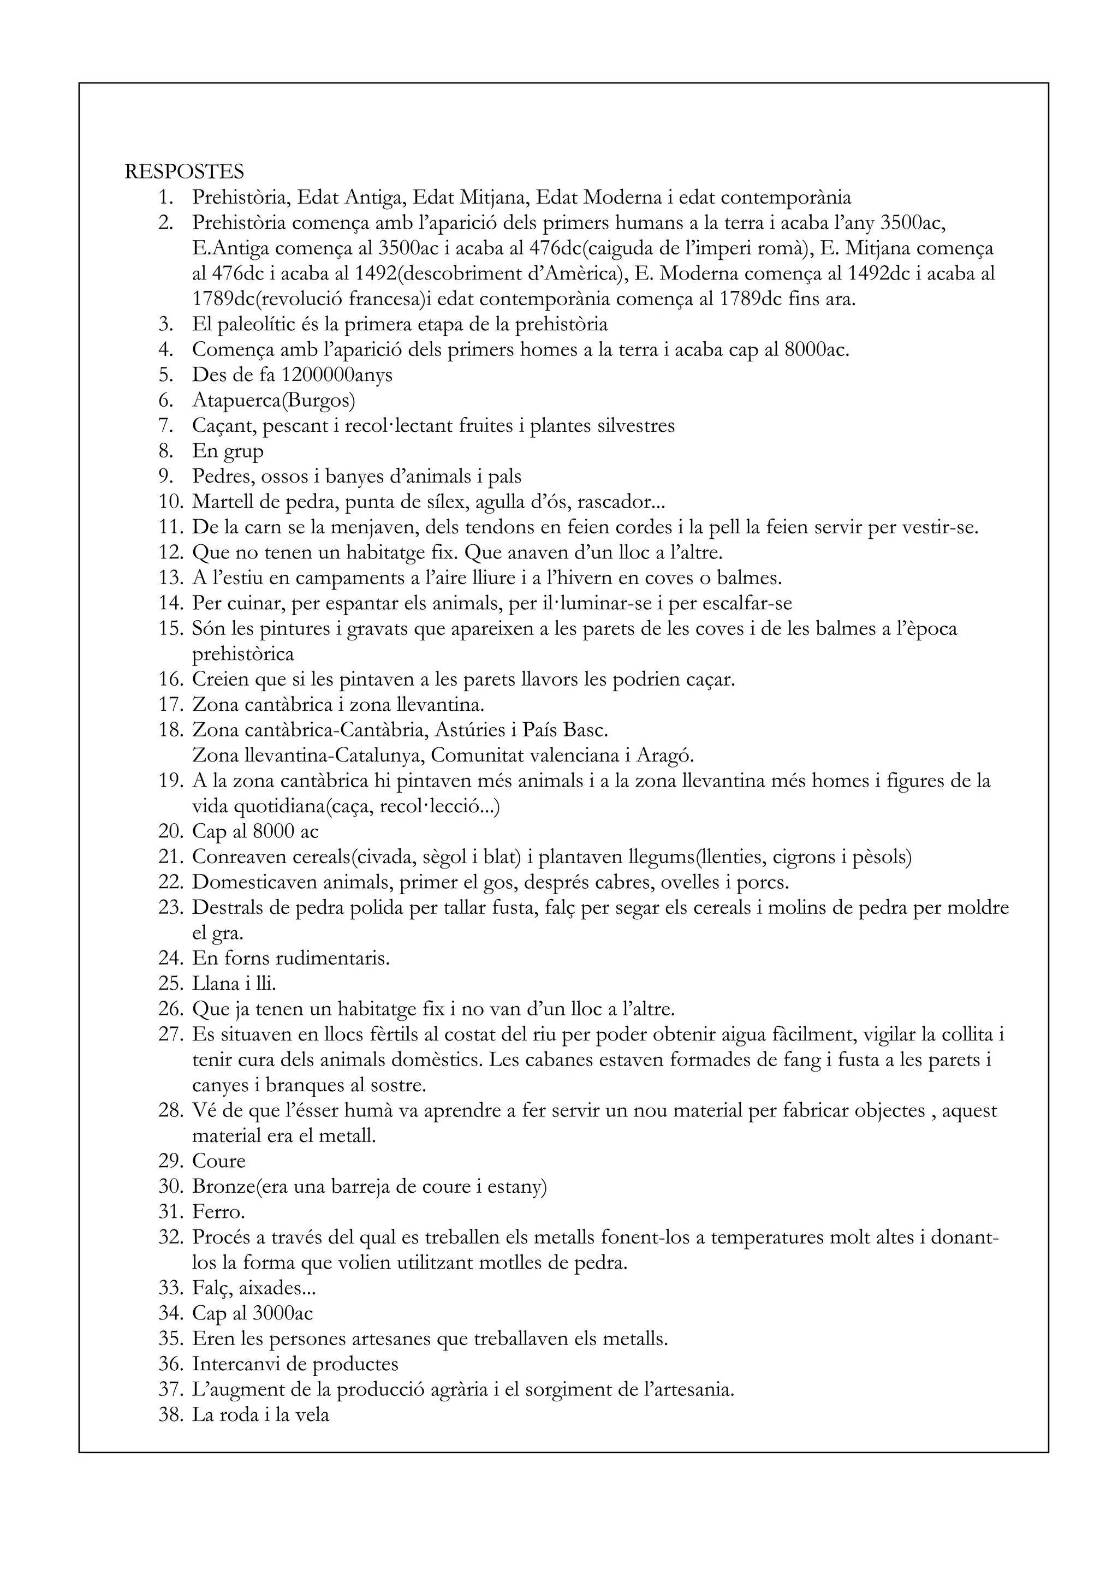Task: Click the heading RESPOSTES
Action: pyautogui.click(x=184, y=171)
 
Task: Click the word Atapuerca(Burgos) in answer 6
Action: pyautogui.click(x=273, y=400)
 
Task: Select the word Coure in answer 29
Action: pyautogui.click(x=219, y=1161)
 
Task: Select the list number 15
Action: pyautogui.click(x=170, y=628)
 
